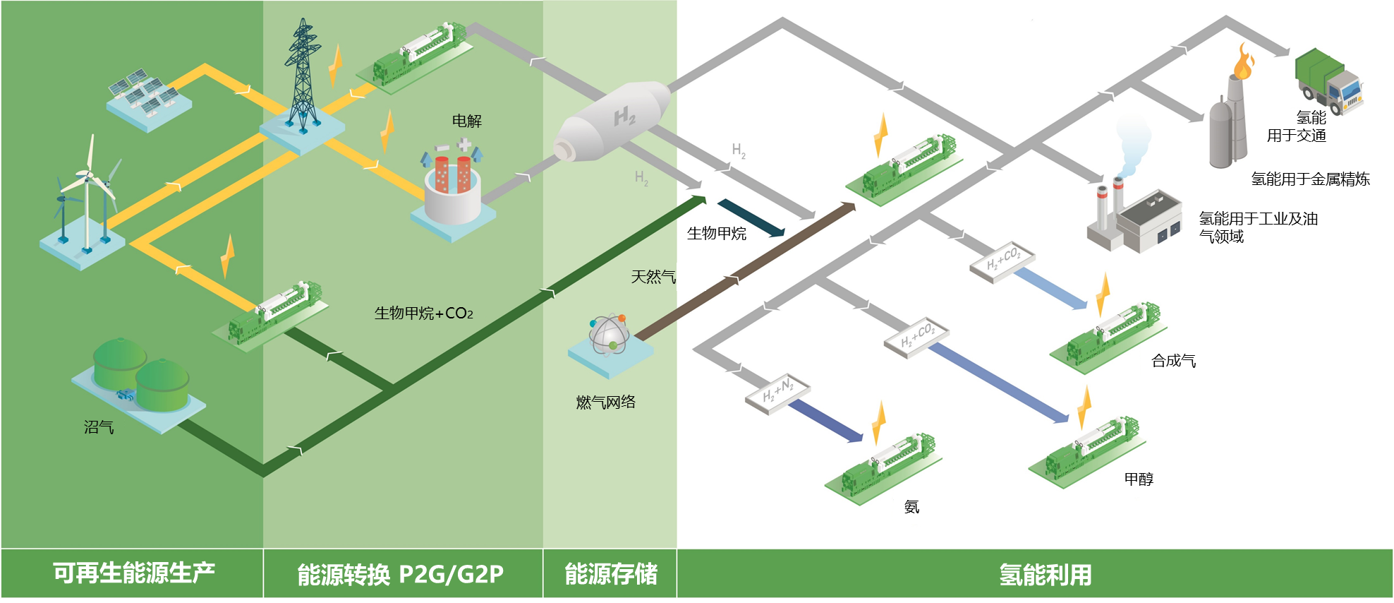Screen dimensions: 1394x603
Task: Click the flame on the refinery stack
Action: pos(1243,61)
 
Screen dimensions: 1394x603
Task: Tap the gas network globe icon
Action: pos(610,334)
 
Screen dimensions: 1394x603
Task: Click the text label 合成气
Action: pos(1174,361)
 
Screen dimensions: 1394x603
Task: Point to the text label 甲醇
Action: pos(1139,479)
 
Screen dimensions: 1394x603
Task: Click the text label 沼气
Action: pos(99,427)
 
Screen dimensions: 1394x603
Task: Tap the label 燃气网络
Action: pos(606,402)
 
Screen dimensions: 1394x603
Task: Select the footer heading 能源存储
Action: pos(611,574)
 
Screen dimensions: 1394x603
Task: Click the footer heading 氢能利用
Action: pos(1045,575)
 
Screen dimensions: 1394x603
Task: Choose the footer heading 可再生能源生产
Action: pos(134,573)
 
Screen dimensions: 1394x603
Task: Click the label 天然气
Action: pos(653,277)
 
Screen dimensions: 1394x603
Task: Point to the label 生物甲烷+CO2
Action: pos(424,313)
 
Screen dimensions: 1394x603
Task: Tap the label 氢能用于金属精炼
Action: pos(1311,179)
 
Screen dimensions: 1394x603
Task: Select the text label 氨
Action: pos(911,507)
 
